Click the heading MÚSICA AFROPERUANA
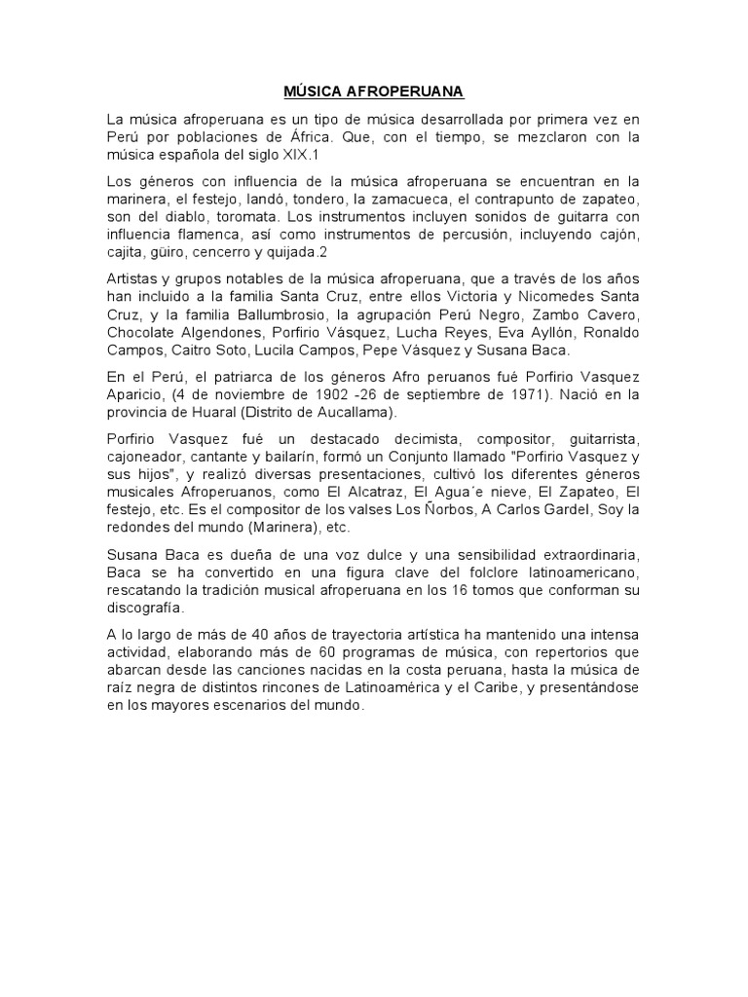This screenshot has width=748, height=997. (374, 92)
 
